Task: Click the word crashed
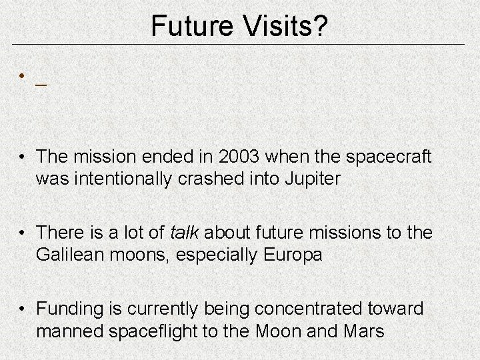click(x=189, y=180)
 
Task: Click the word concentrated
click(x=313, y=309)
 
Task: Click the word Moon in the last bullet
click(x=282, y=331)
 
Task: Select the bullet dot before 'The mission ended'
click(x=23, y=158)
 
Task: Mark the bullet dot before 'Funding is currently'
click(x=23, y=309)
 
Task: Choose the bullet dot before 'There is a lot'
click(x=23, y=233)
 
